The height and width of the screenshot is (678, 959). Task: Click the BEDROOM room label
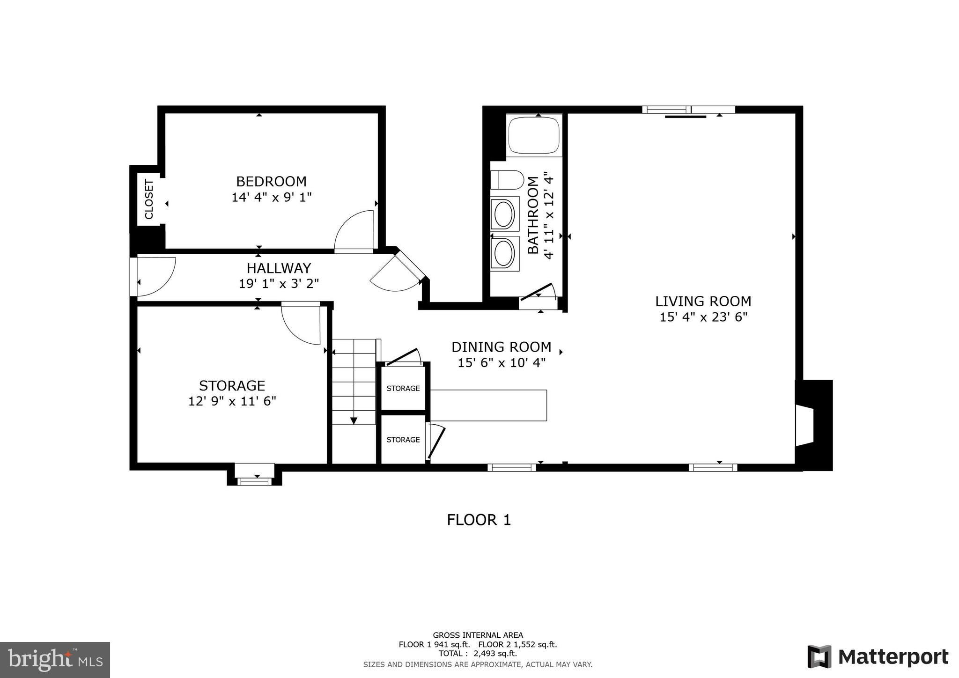(271, 181)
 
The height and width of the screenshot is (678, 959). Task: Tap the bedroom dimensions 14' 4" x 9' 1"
(271, 197)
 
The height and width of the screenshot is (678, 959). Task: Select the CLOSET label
(149, 199)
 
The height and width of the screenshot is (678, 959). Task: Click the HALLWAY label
(279, 268)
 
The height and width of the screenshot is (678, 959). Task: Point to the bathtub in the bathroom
(534, 136)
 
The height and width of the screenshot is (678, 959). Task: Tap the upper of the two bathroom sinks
(504, 214)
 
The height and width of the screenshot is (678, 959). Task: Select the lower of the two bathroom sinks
(504, 253)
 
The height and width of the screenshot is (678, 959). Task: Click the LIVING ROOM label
(703, 301)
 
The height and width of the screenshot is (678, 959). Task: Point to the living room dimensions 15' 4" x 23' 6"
(703, 317)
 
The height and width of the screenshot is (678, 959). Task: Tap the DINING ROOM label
(501, 347)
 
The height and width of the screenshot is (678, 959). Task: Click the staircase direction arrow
(354, 420)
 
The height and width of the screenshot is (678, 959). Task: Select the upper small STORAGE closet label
(403, 388)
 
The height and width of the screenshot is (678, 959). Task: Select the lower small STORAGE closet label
(403, 439)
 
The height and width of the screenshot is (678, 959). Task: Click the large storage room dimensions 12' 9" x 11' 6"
(232, 401)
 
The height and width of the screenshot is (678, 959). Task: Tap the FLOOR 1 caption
(479, 520)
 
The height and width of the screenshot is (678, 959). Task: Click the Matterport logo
(878, 656)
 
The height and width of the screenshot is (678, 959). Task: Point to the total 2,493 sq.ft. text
(478, 654)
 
